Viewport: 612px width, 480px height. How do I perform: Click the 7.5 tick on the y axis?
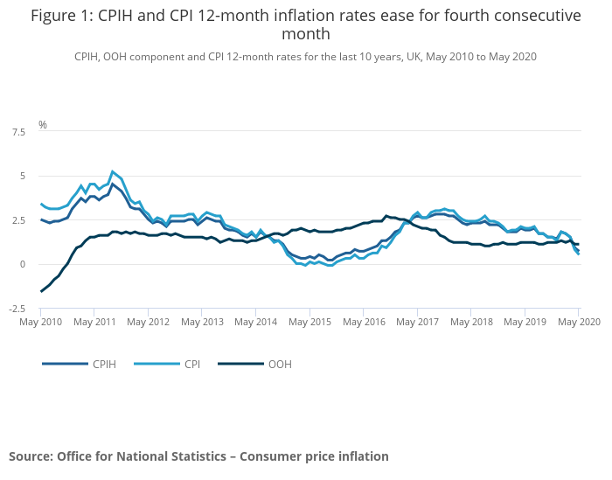coord(17,132)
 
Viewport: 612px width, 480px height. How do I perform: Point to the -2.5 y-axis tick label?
coord(16,309)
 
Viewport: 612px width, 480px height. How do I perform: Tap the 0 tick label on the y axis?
coord(23,264)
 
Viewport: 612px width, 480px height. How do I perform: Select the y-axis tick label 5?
coord(23,176)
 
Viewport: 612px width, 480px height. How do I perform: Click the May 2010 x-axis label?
coord(41,323)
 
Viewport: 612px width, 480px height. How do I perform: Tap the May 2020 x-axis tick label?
coord(578,323)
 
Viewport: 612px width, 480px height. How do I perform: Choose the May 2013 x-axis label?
coord(202,323)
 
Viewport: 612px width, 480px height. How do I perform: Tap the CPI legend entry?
coord(191,364)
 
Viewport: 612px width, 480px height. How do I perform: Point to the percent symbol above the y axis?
coord(42,125)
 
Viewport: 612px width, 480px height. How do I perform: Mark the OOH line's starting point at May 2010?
coord(41,291)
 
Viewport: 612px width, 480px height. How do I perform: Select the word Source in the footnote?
coord(31,456)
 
